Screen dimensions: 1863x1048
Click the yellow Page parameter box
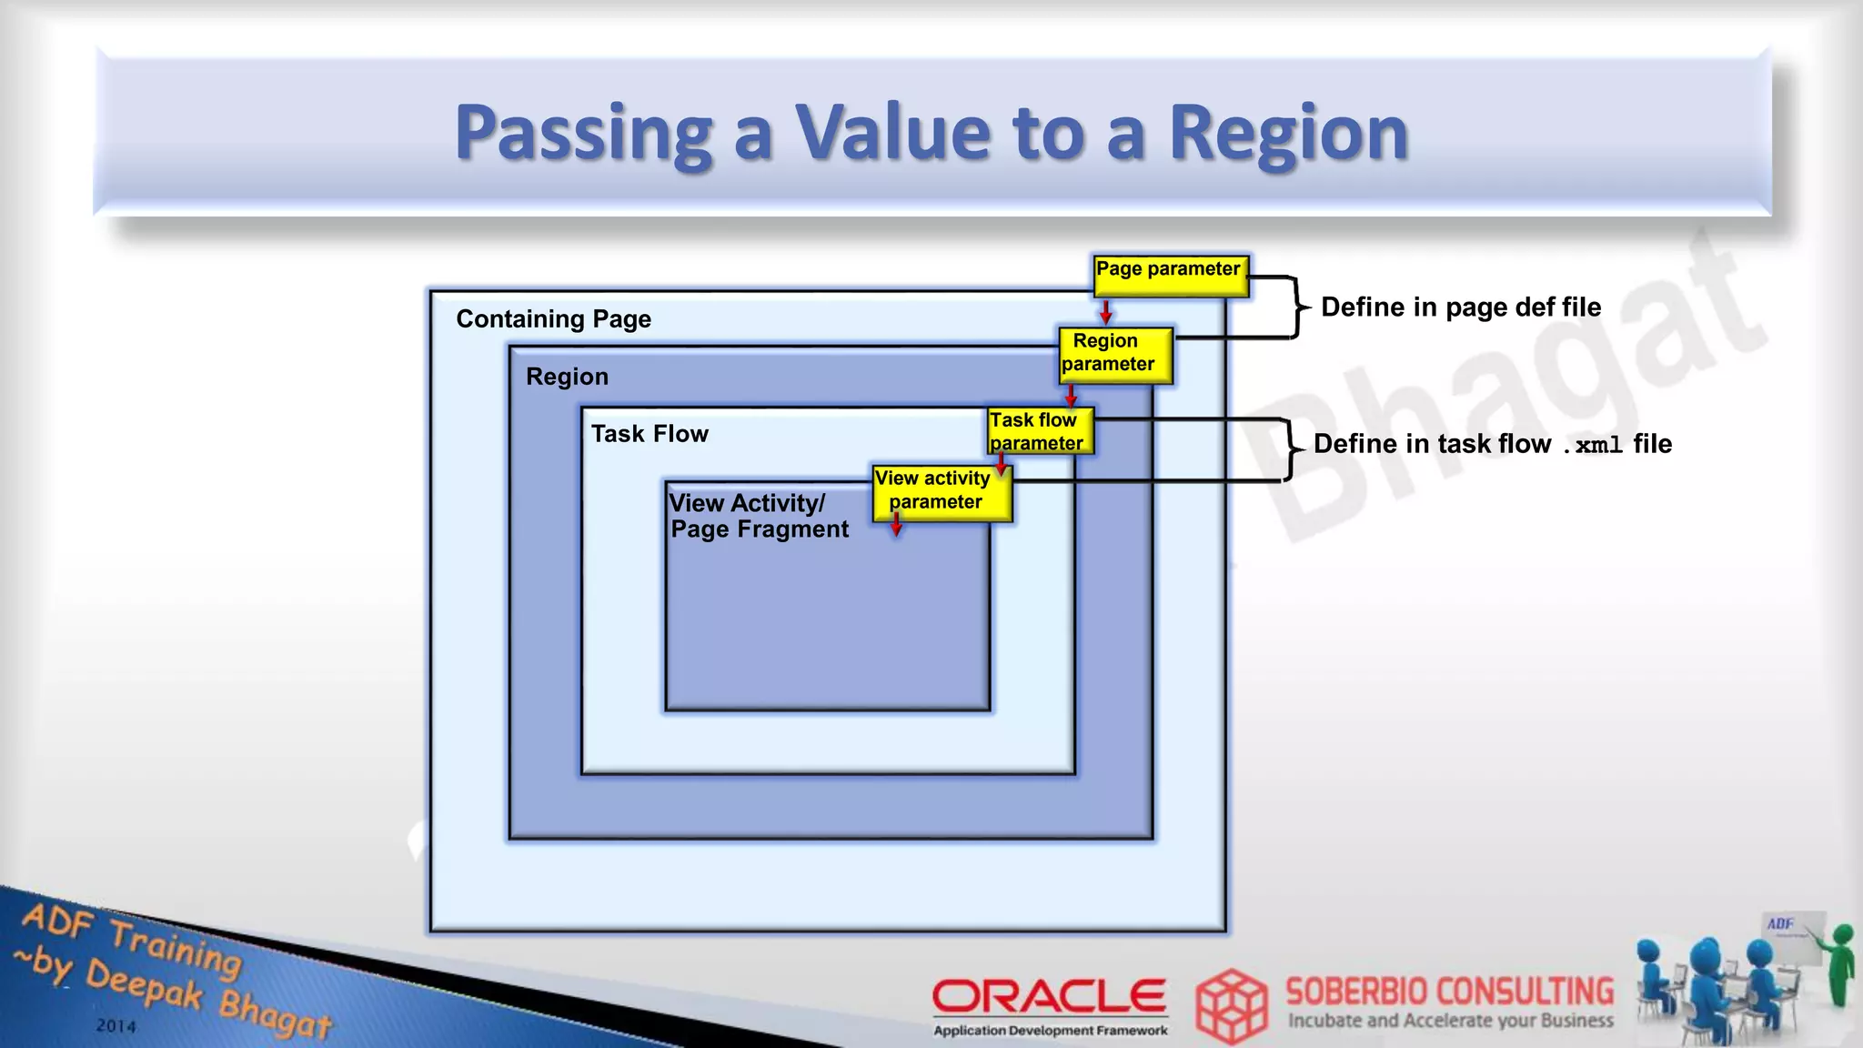point(1170,275)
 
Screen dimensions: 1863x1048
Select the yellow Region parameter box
point(1115,354)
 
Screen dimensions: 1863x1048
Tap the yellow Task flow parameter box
point(1040,431)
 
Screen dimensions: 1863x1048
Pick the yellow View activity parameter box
point(941,492)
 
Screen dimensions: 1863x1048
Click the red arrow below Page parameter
point(1106,312)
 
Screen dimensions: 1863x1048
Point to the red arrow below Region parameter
point(1071,395)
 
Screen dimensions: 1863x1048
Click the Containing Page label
point(553,319)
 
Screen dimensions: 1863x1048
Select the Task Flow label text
point(650,434)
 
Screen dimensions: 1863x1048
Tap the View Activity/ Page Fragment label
point(758,516)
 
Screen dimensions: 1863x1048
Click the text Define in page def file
point(1460,307)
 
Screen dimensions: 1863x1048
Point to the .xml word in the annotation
point(1592,445)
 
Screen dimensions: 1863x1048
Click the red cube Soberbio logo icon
point(1231,1005)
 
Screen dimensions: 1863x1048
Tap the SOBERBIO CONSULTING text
point(1449,991)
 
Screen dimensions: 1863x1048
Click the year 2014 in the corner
point(116,1026)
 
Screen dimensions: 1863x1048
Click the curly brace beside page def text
point(1297,307)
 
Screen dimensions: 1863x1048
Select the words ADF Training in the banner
point(133,937)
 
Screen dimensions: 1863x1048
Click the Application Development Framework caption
point(1050,1031)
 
